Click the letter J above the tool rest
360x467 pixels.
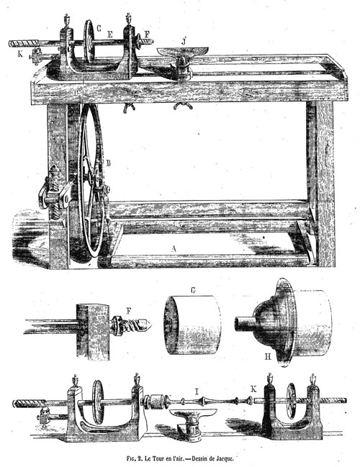coord(184,41)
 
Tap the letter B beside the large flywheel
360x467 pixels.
coord(108,163)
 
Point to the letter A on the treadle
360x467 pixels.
coord(174,248)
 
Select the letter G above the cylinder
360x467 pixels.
coord(193,290)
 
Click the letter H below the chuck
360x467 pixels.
coord(268,356)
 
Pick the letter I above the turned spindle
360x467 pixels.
coord(197,391)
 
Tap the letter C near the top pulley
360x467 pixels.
coord(99,28)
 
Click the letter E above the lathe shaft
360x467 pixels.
coord(109,35)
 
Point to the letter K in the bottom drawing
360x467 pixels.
coord(253,389)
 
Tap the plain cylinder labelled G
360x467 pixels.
coord(192,325)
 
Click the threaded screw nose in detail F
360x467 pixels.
coord(131,325)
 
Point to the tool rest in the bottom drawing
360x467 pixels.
coord(194,420)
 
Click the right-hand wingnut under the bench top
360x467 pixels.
coord(183,106)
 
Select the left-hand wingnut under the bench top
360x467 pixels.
coord(129,107)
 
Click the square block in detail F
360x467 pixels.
coord(93,331)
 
